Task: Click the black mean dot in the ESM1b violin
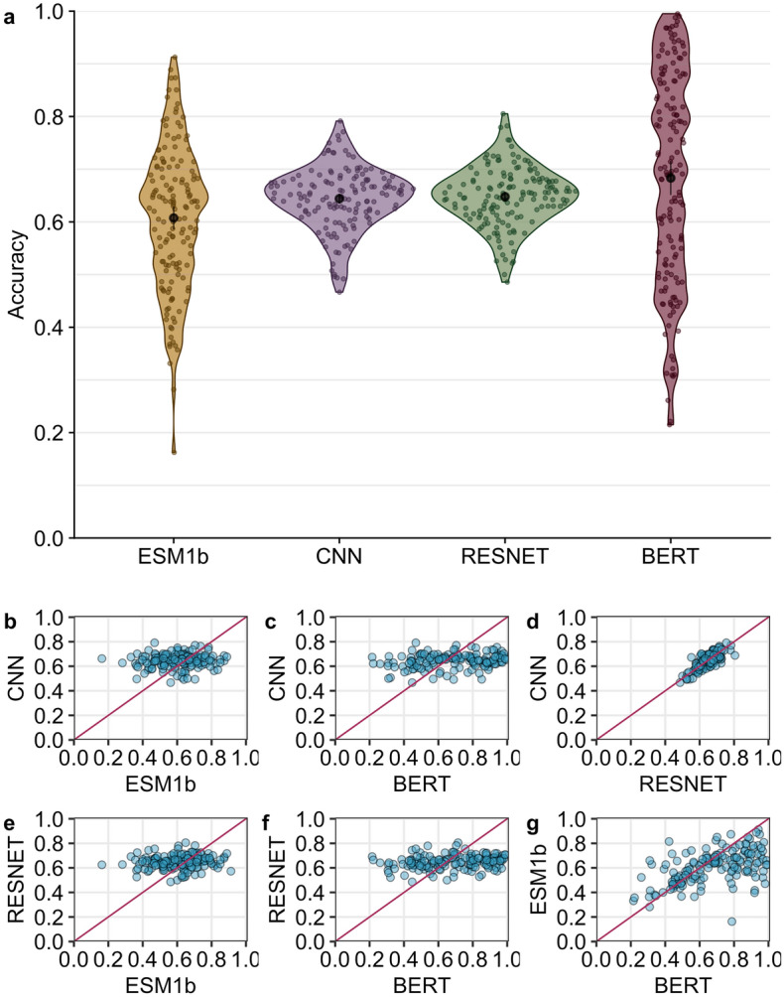[174, 217]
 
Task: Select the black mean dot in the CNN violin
[339, 199]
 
